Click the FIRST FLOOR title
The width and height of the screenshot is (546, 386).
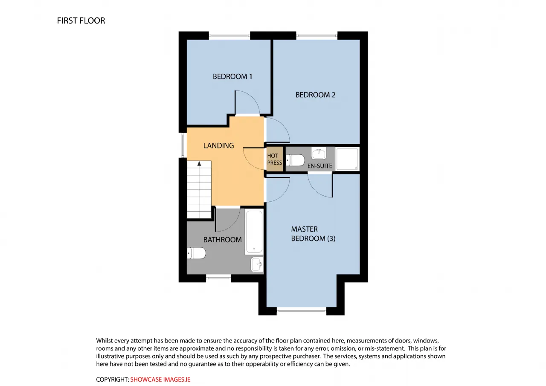(x=81, y=21)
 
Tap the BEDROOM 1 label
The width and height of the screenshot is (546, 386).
(x=232, y=76)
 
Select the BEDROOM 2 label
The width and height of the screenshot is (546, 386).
(x=315, y=95)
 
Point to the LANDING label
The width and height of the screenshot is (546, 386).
(x=218, y=145)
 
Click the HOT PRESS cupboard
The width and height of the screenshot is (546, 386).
(x=275, y=159)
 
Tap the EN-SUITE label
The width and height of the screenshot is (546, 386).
(x=319, y=166)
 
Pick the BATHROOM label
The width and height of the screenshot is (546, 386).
(x=222, y=240)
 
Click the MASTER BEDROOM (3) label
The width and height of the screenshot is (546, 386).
(x=313, y=234)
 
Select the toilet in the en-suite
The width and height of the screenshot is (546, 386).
(x=295, y=160)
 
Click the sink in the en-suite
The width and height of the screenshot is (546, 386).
(x=319, y=154)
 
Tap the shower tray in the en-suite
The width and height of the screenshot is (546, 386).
(x=347, y=159)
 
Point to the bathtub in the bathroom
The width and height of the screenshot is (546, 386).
(x=254, y=232)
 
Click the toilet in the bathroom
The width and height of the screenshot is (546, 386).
(x=196, y=253)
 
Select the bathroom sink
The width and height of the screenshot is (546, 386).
(x=257, y=264)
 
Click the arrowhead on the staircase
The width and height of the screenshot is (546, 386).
(x=199, y=163)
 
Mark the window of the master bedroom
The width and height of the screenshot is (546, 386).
(x=302, y=311)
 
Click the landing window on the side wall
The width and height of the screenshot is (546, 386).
(x=183, y=145)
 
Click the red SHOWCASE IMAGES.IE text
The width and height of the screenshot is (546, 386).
(x=160, y=380)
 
